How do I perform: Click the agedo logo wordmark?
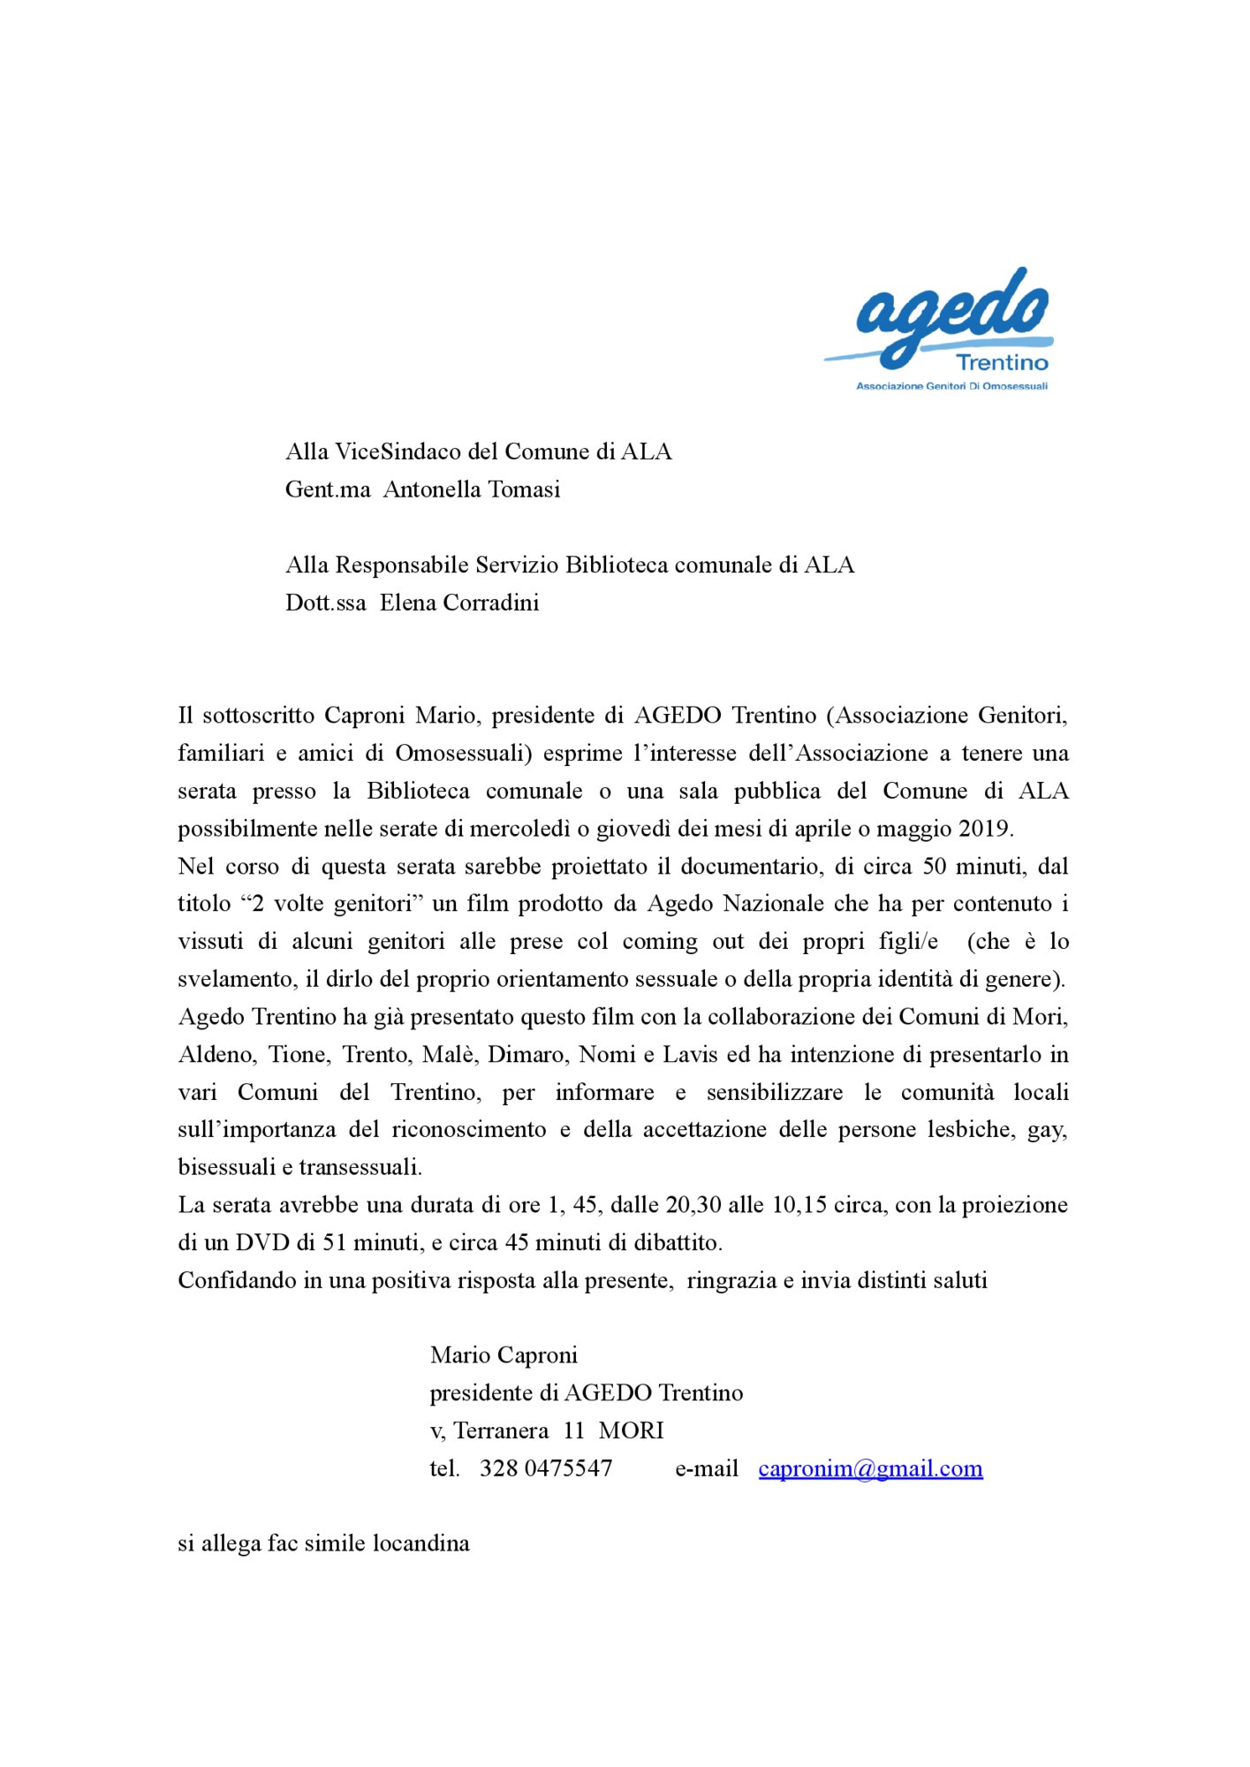coord(952,314)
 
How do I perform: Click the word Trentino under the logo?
coord(1002,362)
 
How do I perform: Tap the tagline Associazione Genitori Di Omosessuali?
coord(951,386)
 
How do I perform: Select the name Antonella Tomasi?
coord(472,489)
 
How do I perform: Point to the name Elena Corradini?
coord(459,603)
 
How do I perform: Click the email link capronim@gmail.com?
coord(870,1468)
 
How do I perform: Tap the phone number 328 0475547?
coord(546,1468)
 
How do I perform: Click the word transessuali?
coord(360,1167)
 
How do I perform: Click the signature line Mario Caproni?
coord(504,1355)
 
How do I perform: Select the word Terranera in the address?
coord(501,1430)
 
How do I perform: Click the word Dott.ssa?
coord(325,603)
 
